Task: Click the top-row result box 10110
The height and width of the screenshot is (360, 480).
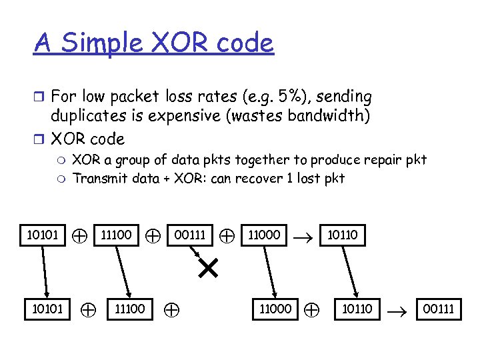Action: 342,235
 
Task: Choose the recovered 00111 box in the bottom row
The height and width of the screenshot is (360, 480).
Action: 437,309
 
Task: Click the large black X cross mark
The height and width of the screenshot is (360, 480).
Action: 208,269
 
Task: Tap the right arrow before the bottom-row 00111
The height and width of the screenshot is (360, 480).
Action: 398,309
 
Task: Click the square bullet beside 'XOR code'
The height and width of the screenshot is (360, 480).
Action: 39,139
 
